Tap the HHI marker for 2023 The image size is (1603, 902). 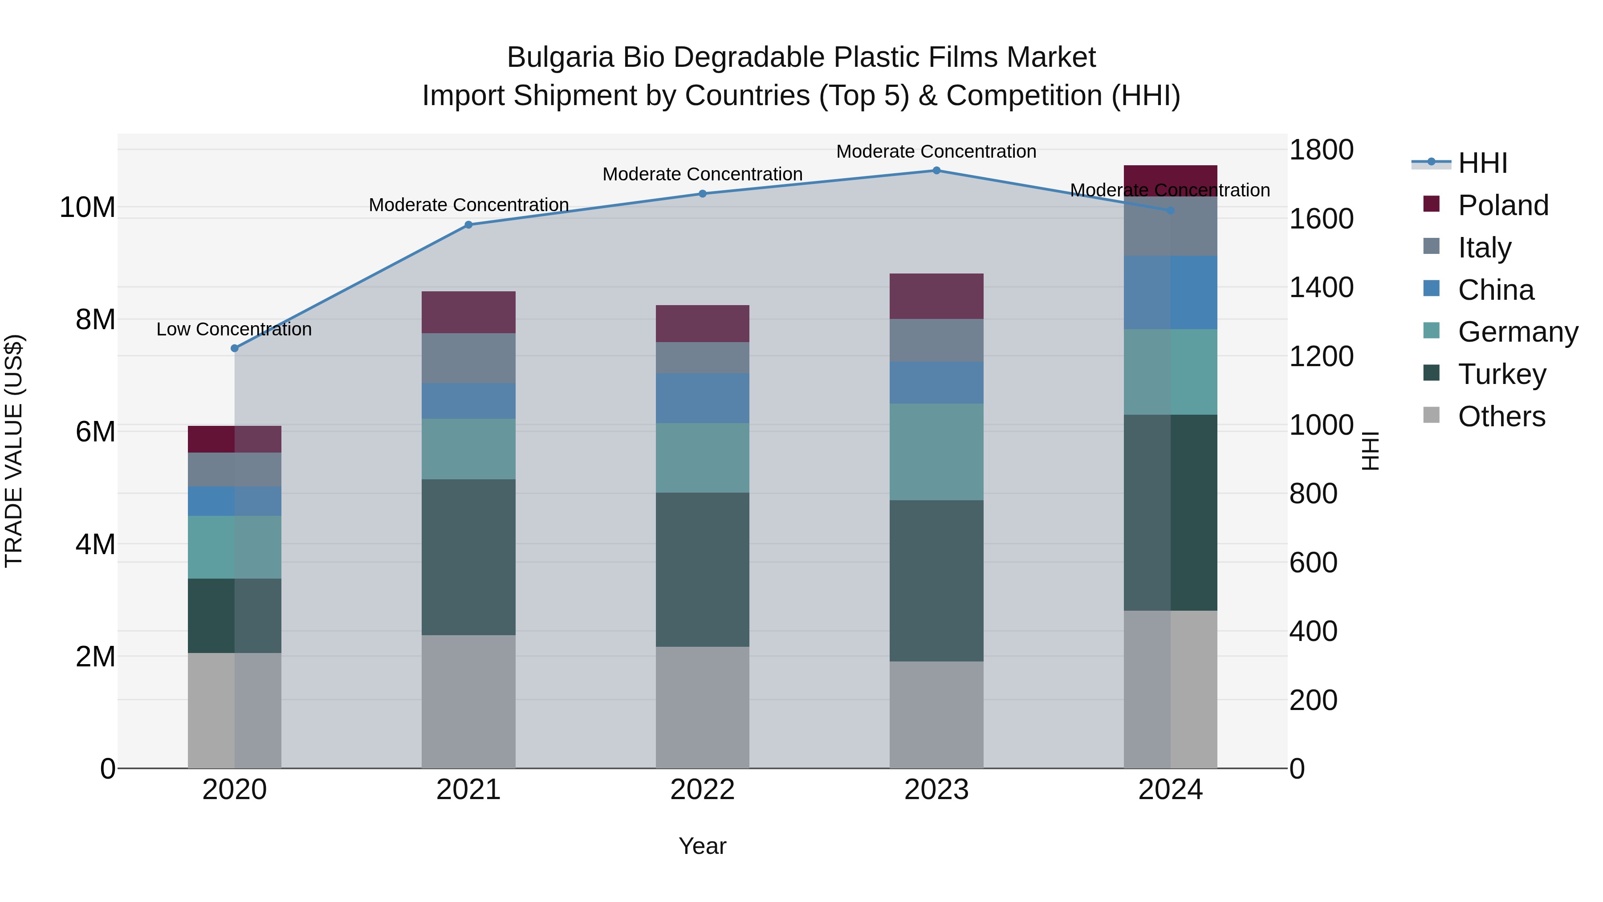tap(936, 171)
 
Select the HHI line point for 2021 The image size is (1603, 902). tap(468, 225)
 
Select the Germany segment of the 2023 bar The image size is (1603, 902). tap(936, 452)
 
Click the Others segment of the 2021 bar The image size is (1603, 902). tap(468, 702)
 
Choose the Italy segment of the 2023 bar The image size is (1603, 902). tap(936, 340)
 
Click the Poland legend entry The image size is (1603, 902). tap(1503, 205)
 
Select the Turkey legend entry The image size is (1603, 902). tap(1501, 374)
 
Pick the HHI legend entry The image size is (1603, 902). tap(1482, 163)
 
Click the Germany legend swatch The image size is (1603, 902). tap(1431, 332)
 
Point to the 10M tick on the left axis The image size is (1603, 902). tap(87, 207)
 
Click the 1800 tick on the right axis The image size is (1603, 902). tap(1321, 150)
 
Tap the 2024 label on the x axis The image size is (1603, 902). tap(1170, 790)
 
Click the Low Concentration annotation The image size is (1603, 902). tap(234, 329)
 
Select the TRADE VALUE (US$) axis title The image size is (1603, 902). tap(14, 451)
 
